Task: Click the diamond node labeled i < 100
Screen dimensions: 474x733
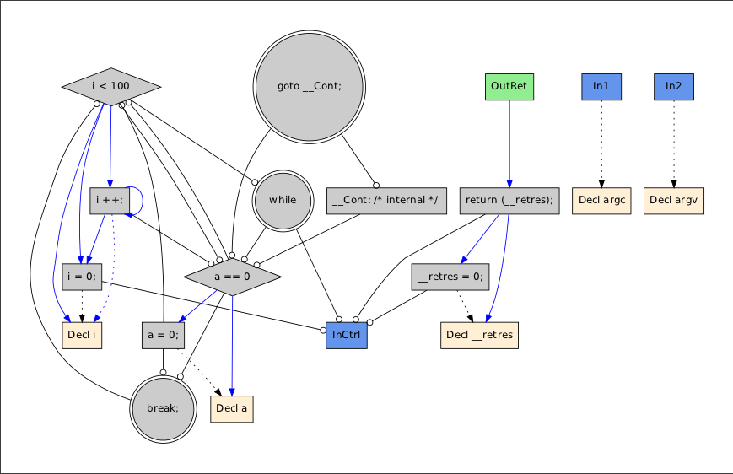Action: [x=110, y=86]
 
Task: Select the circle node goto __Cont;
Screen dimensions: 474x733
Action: [x=309, y=86]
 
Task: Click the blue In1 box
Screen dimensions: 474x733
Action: [x=601, y=86]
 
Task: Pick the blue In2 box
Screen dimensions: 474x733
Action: [x=674, y=86]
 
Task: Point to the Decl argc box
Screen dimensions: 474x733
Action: [x=601, y=200]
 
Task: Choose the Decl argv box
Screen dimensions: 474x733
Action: [x=674, y=200]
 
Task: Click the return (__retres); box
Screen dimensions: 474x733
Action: [x=509, y=200]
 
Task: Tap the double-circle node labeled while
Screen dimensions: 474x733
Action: [x=283, y=200]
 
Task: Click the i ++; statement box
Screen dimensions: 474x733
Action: [x=110, y=200]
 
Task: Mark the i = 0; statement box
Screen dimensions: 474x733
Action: [x=82, y=277]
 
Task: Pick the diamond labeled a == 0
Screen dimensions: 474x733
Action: [x=232, y=277]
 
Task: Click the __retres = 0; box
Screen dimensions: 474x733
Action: [x=450, y=277]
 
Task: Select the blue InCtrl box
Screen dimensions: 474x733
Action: [x=347, y=334]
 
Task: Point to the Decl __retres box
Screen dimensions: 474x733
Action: [x=479, y=334]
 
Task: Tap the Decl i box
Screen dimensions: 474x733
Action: [x=82, y=334]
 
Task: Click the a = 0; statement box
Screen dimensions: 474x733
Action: [x=163, y=334]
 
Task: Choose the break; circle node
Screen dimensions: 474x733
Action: [x=163, y=409]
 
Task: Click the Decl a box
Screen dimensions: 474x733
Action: [x=232, y=409]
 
